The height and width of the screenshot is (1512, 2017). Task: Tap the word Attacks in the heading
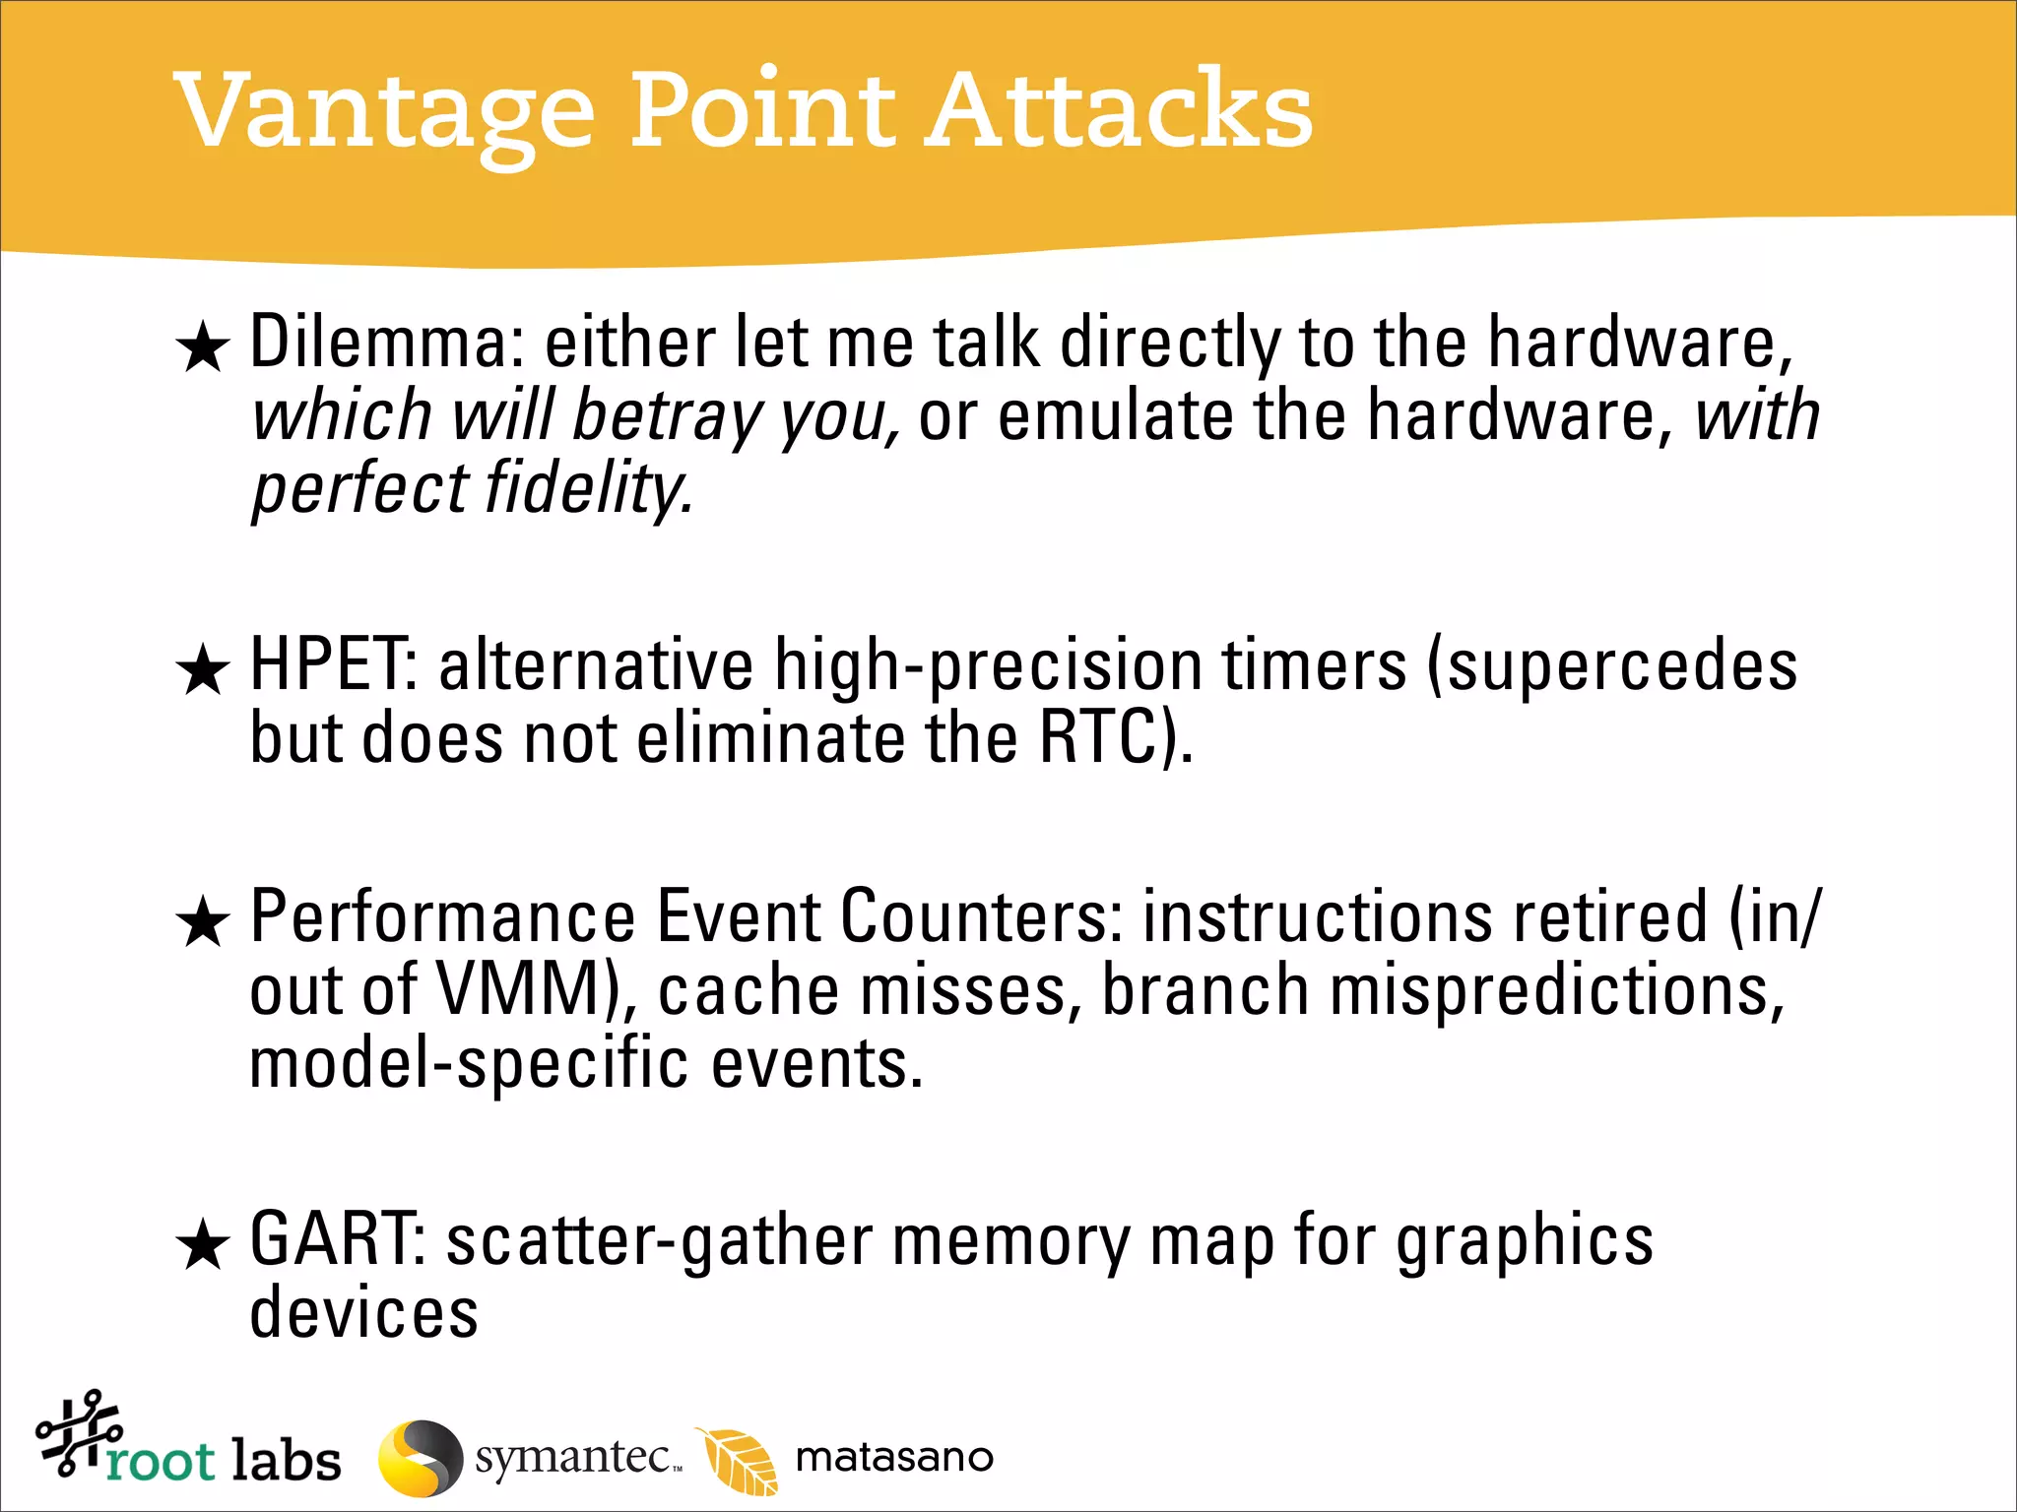1118,110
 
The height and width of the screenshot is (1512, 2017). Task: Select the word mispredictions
1556,990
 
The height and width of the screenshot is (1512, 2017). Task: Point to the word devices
363,1313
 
